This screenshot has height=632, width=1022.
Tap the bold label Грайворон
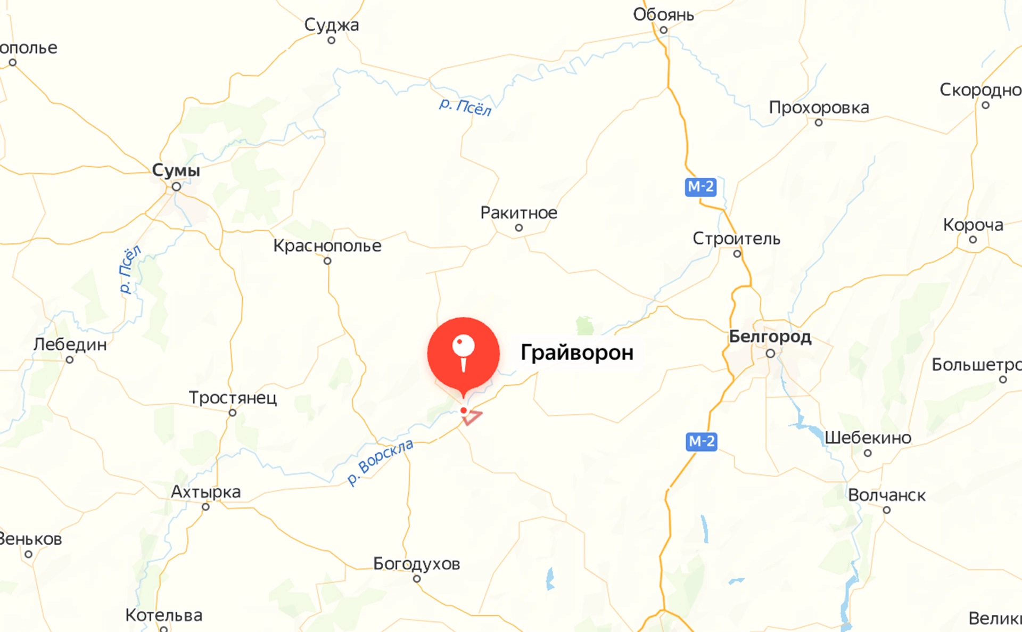click(577, 352)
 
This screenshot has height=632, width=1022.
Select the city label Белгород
click(770, 336)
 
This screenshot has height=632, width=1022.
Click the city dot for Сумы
click(176, 187)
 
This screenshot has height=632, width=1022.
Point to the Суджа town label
click(332, 25)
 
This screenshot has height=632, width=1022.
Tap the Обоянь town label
click(663, 15)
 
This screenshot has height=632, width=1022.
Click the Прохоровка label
click(819, 108)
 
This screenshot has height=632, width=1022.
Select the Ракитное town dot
click(519, 228)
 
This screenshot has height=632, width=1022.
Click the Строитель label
click(736, 239)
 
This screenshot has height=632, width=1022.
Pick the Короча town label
click(973, 225)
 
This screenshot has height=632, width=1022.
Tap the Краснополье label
click(327, 246)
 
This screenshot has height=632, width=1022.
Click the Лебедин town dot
click(70, 360)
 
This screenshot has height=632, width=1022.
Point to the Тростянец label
click(233, 398)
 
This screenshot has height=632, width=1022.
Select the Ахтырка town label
click(205, 492)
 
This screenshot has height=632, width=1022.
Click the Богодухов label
click(416, 563)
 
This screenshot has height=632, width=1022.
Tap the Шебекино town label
click(868, 438)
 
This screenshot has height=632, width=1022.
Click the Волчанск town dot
click(887, 510)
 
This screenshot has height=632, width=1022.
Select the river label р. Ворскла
click(380, 462)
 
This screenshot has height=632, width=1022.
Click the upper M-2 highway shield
click(700, 187)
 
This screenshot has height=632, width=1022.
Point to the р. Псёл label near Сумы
click(130, 269)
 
